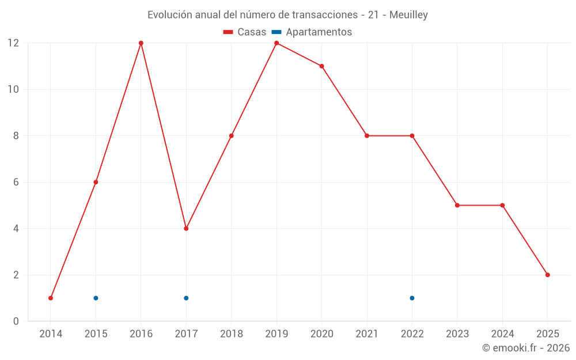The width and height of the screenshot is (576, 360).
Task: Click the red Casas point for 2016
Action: pos(141,43)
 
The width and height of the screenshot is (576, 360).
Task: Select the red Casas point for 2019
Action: pos(276,43)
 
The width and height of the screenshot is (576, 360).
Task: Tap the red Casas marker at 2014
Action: pos(51,298)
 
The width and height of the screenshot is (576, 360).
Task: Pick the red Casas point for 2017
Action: pos(186,229)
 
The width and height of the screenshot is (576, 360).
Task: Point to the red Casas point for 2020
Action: pos(321,66)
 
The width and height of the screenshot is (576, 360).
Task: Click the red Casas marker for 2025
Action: pos(548,275)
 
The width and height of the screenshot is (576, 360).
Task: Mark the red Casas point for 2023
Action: pos(457,205)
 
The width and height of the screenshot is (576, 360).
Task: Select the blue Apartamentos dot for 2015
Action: pos(96,298)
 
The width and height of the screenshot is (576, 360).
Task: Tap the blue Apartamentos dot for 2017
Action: pos(186,298)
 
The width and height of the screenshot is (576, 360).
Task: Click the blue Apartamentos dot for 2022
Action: pos(412,298)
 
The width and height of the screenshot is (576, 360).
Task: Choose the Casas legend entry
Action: pos(245,32)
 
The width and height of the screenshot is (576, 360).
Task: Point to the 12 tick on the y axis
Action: pos(13,43)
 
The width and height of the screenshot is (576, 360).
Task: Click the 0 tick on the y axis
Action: pos(16,321)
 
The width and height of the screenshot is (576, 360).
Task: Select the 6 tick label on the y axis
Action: pos(16,182)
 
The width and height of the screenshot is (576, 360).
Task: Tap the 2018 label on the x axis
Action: pos(231,334)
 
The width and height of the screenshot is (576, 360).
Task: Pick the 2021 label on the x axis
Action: pos(367,334)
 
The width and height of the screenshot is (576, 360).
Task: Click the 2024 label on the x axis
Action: pos(502,334)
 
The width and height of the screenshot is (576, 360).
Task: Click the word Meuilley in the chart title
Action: pos(408,15)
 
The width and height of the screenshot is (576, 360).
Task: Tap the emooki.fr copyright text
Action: pos(526,348)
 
